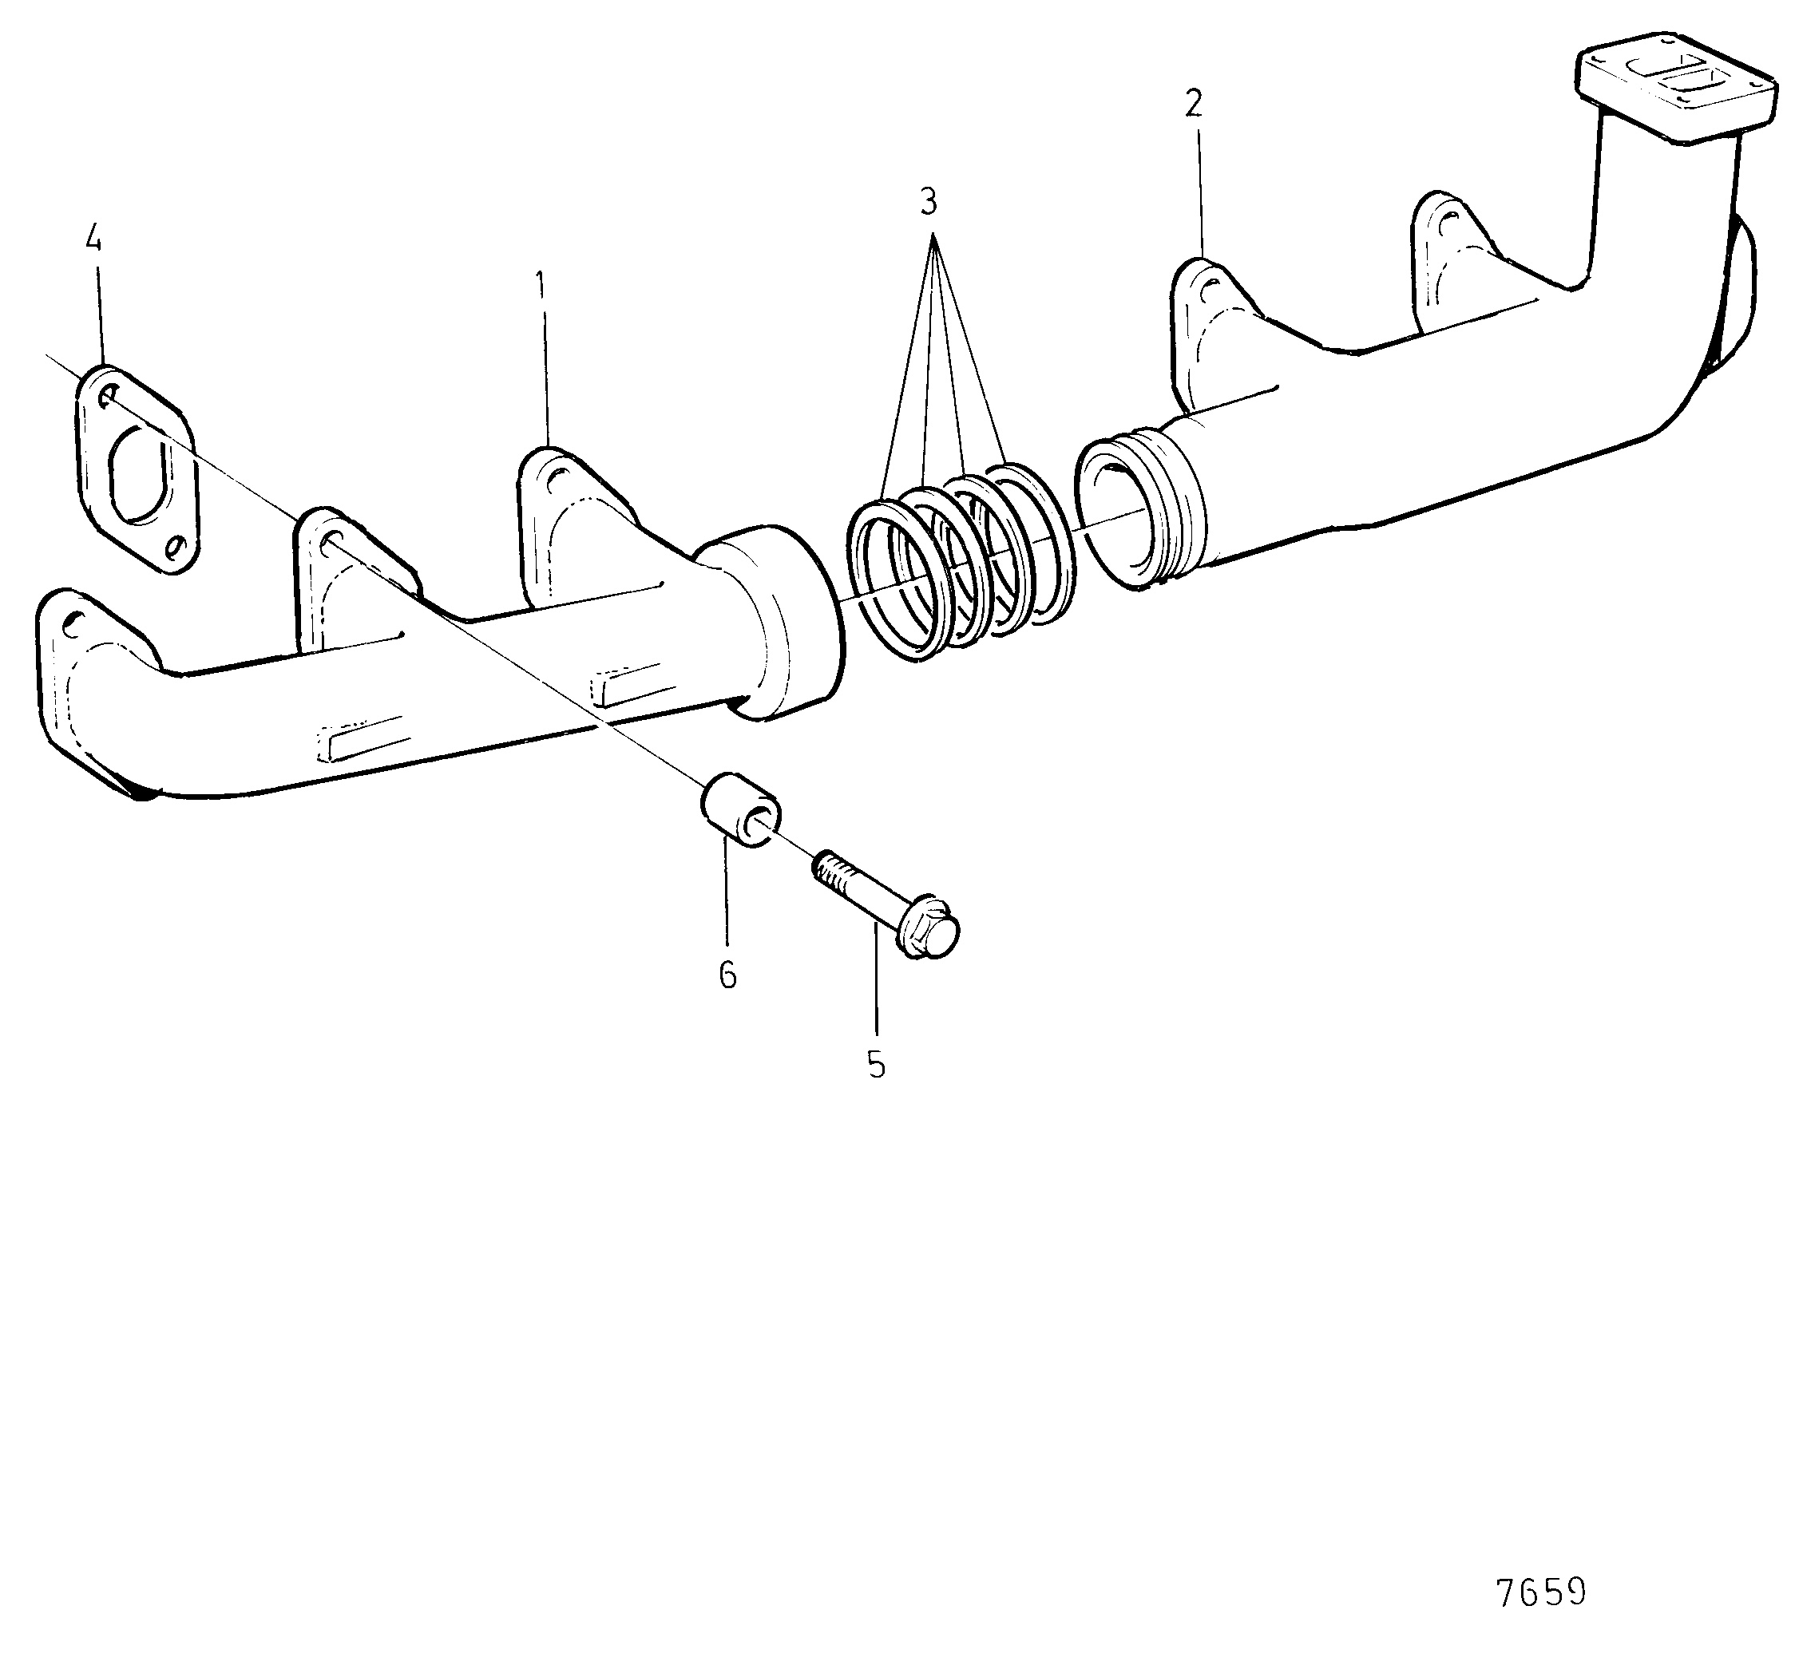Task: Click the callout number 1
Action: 540,286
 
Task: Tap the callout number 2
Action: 1194,105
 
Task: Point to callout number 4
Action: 93,239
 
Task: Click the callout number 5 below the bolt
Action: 876,1065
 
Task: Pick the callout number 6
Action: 727,975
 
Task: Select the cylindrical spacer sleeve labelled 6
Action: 740,809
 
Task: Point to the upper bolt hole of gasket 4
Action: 109,395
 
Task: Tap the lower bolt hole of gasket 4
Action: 176,547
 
